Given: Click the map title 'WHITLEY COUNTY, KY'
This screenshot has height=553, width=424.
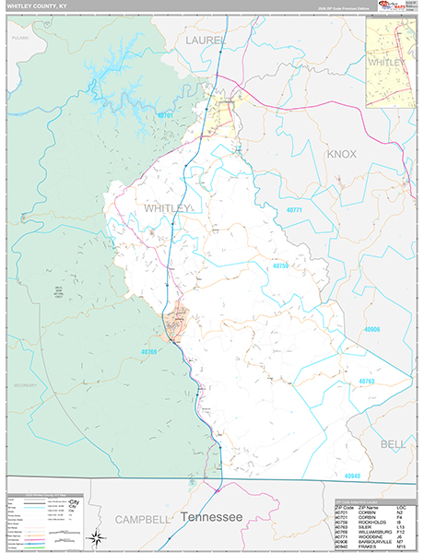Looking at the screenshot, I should click(38, 6).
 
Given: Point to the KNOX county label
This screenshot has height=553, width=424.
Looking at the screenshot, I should click(342, 153).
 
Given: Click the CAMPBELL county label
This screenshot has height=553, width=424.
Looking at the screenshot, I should click(144, 519).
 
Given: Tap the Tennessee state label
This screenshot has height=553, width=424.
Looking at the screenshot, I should click(211, 516).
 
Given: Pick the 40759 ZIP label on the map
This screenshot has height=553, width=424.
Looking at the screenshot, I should click(280, 266).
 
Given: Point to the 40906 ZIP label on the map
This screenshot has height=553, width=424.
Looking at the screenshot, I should click(371, 329).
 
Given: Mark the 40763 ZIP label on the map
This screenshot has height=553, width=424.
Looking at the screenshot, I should click(367, 381).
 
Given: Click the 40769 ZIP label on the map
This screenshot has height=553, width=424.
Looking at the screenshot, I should click(151, 351).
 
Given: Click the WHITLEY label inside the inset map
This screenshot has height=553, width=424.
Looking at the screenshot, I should click(386, 62).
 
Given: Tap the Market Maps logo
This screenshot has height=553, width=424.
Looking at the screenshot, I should click(388, 6).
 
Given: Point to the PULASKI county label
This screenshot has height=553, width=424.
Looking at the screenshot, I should click(19, 39).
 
